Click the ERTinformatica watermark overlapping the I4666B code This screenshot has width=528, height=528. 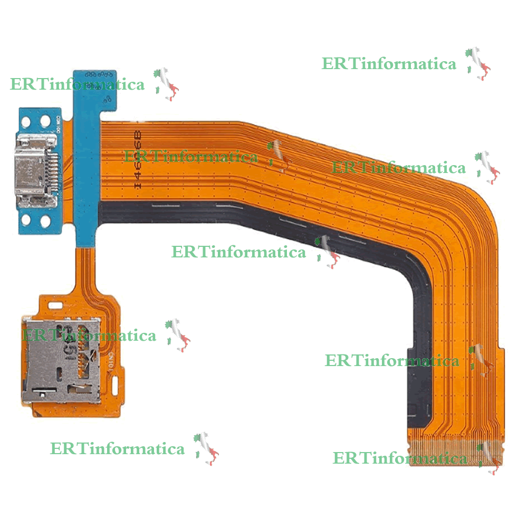point(191,157)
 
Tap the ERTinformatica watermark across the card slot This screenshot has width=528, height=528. point(89,335)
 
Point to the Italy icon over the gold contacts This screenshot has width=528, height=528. point(488,457)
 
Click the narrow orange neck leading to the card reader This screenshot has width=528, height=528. point(84,269)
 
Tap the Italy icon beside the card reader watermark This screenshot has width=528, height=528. point(178,335)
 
